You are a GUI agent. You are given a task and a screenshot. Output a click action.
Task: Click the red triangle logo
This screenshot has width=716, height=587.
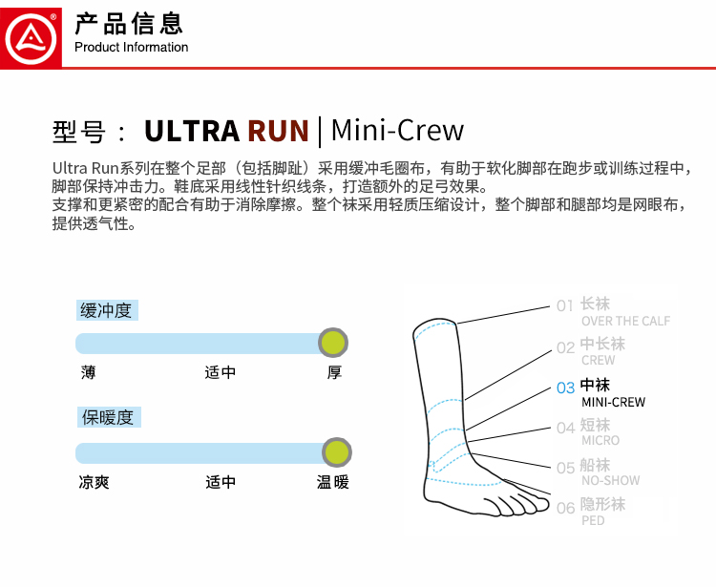click(32, 34)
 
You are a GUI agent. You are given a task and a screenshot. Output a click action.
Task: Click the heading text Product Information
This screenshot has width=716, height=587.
click(131, 47)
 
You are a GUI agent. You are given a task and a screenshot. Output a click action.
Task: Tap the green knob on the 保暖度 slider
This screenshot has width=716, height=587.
click(336, 452)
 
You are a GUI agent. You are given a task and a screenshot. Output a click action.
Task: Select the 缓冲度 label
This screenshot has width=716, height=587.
click(107, 310)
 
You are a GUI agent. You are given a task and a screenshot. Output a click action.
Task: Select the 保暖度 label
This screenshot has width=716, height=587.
click(107, 417)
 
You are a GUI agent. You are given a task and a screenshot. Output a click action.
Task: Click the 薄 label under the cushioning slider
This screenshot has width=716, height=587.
click(88, 372)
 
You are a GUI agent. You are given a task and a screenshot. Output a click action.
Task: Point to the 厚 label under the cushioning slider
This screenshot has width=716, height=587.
click(334, 372)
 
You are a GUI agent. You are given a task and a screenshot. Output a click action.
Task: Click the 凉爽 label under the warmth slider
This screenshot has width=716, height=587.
click(94, 482)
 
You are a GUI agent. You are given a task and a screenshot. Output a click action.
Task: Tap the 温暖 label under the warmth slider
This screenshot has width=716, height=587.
click(333, 482)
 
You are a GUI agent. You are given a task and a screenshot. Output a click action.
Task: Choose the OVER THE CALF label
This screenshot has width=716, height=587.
click(625, 321)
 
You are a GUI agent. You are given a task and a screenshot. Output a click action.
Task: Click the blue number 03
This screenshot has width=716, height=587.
click(565, 388)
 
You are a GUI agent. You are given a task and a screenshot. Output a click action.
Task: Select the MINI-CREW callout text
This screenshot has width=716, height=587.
click(613, 402)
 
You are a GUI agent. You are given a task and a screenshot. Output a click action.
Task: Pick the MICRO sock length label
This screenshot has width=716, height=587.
click(600, 440)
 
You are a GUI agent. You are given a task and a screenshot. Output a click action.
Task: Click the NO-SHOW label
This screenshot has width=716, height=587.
click(610, 480)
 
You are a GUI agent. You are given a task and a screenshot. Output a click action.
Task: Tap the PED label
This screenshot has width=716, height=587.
click(593, 520)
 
